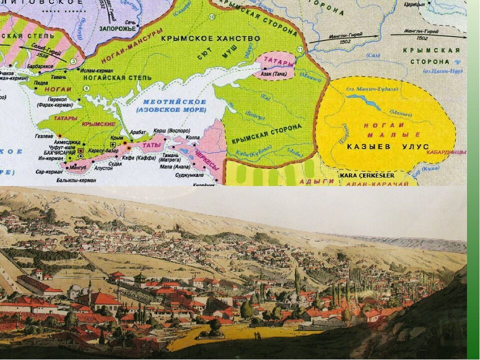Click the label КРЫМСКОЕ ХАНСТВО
[210, 38]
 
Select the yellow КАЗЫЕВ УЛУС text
[387, 146]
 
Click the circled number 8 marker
[86, 88]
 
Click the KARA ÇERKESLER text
[367, 175]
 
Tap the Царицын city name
[414, 4]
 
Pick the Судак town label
[114, 163]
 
